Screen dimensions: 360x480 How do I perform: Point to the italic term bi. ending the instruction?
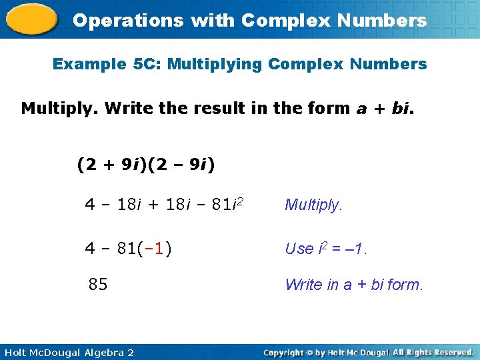point(402,108)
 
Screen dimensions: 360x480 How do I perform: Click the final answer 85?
point(98,285)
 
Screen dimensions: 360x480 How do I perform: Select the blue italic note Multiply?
point(313,205)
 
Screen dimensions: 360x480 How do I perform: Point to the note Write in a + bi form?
point(353,285)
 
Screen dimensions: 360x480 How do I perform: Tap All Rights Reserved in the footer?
point(433,352)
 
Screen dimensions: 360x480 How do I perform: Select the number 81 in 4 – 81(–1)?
point(125,249)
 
